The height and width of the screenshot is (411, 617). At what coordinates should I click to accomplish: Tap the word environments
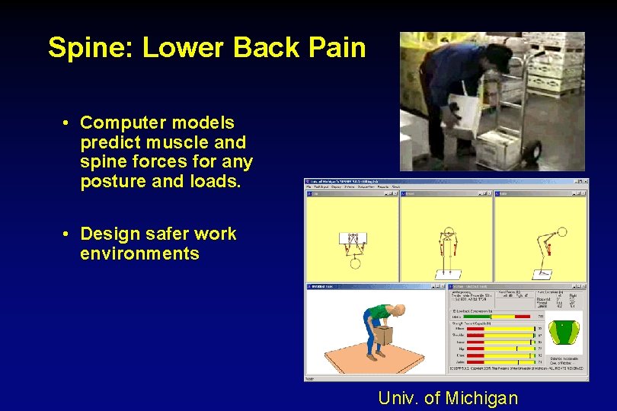[x=139, y=253]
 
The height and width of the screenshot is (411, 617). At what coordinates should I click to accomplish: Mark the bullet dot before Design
[x=68, y=234]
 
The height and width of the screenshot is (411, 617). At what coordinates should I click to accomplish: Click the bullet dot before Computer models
[x=68, y=123]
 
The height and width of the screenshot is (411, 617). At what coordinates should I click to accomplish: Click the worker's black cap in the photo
[x=500, y=56]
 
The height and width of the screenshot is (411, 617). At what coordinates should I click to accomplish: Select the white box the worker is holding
[x=465, y=110]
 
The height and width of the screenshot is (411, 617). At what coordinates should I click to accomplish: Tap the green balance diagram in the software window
[x=564, y=332]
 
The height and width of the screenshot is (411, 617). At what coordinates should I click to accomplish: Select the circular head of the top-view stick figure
[x=354, y=263]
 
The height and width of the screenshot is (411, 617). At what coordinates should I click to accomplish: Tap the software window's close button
[x=584, y=182]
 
